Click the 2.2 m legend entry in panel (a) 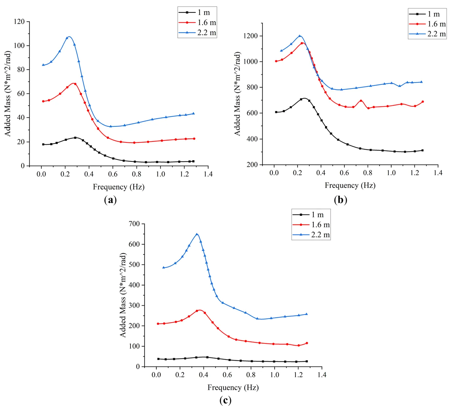pos(197,33)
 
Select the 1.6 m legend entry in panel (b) pos(427,24)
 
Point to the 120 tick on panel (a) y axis pos(19,22)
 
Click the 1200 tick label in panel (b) pos(251,36)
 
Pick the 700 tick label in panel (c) pos(134,224)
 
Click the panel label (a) pos(110,200)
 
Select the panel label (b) pos(340,199)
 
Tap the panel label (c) pos(225,400)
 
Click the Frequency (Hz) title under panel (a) pos(118,187)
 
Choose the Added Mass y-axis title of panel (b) pos(237,94)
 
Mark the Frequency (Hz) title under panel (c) pos(233,388)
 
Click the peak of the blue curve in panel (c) pos(197,234)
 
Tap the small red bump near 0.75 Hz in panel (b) pos(361,101)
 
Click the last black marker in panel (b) pos(422,150)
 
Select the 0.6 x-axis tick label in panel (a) pos(113,174)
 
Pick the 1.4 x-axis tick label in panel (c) pos(322,375)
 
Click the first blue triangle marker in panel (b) pos(281,51)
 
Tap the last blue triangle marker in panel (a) pos(193,113)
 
